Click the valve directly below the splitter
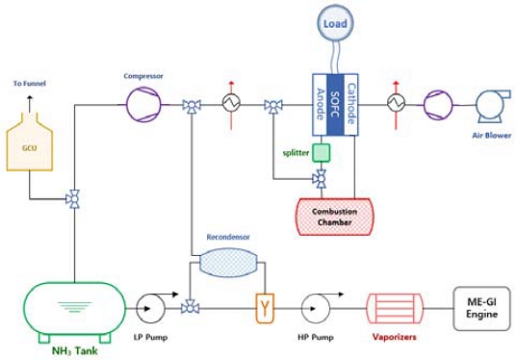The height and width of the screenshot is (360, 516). (321, 177)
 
